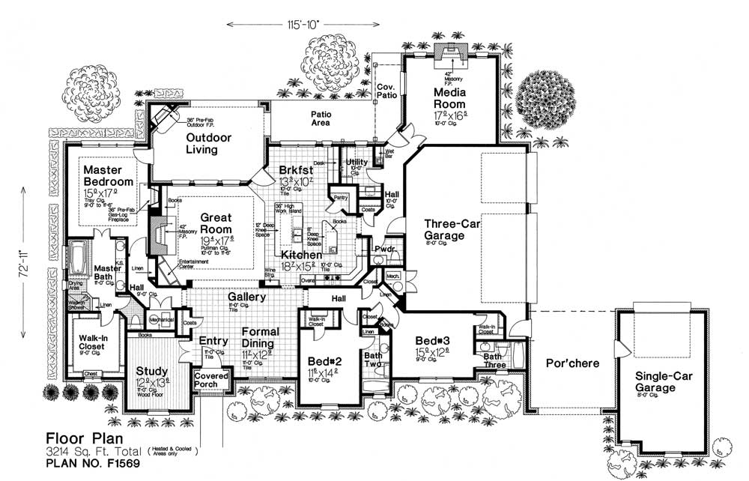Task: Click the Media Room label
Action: [x=449, y=98]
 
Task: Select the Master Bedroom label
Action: [x=108, y=176]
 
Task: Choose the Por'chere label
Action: [x=571, y=364]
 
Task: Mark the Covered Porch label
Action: [x=210, y=380]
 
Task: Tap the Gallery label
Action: [x=247, y=297]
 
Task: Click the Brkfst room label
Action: [x=296, y=169]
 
